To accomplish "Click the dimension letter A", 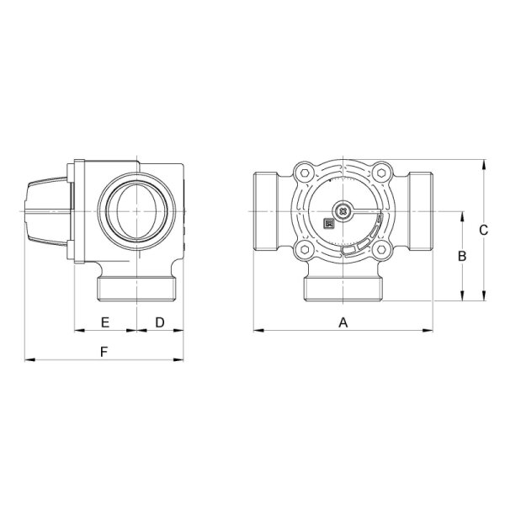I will [x=343, y=322].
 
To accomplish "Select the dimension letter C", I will [x=482, y=229].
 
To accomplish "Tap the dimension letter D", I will [x=160, y=322].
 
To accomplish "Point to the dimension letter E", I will [x=105, y=322].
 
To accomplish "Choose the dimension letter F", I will [x=104, y=352].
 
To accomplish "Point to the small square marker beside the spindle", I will [x=329, y=223].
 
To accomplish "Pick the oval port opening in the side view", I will [x=130, y=210].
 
